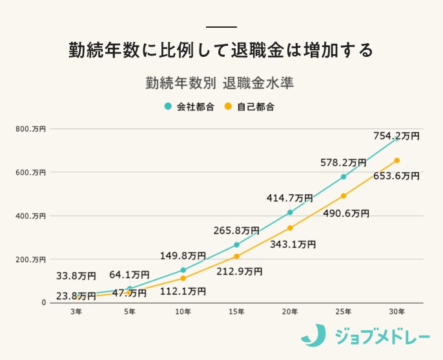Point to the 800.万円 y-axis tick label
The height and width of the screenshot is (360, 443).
[30, 129]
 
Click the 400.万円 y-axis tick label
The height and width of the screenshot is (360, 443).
[30, 215]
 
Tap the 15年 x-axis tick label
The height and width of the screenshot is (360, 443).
[236, 312]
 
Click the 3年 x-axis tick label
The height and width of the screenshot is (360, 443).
[76, 312]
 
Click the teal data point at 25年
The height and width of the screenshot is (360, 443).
[344, 177]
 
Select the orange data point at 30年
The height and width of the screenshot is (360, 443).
[397, 160]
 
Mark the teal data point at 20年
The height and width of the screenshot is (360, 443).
[290, 212]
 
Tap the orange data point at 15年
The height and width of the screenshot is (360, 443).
[236, 256]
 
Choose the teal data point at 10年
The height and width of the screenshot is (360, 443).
[183, 270]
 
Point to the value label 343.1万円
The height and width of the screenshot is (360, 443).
[293, 245]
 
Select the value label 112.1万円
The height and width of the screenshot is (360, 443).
[183, 292]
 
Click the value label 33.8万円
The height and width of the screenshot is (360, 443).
[77, 277]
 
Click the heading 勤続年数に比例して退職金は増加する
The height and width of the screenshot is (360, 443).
[221, 50]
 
